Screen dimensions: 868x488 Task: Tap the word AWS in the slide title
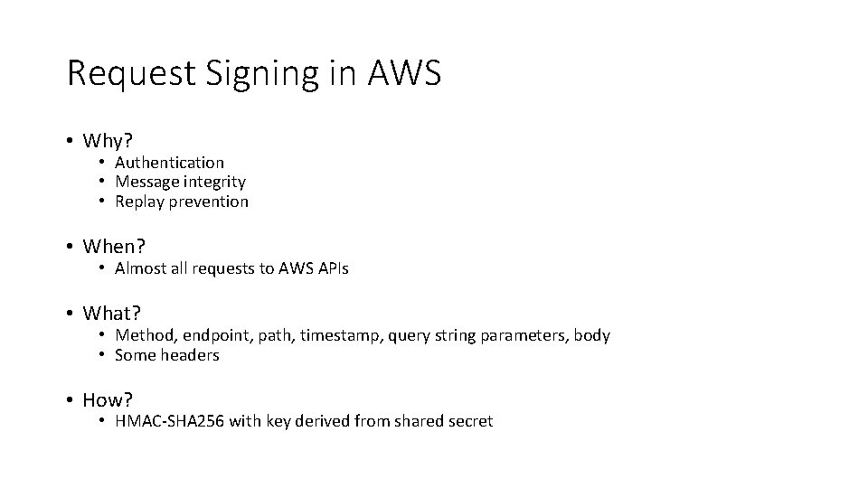pyautogui.click(x=405, y=72)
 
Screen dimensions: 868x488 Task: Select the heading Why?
pyautogui.click(x=108, y=141)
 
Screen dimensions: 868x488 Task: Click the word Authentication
pyautogui.click(x=169, y=163)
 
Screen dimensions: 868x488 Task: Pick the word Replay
pyautogui.click(x=137, y=202)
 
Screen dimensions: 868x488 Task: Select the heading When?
pyautogui.click(x=114, y=246)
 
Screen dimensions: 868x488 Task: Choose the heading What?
pyautogui.click(x=112, y=313)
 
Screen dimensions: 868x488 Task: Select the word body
pyautogui.click(x=592, y=335)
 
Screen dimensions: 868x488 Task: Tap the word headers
pyautogui.click(x=190, y=355)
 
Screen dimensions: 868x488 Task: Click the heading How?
pyautogui.click(x=108, y=399)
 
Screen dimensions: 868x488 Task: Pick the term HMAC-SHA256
pyautogui.click(x=171, y=421)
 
